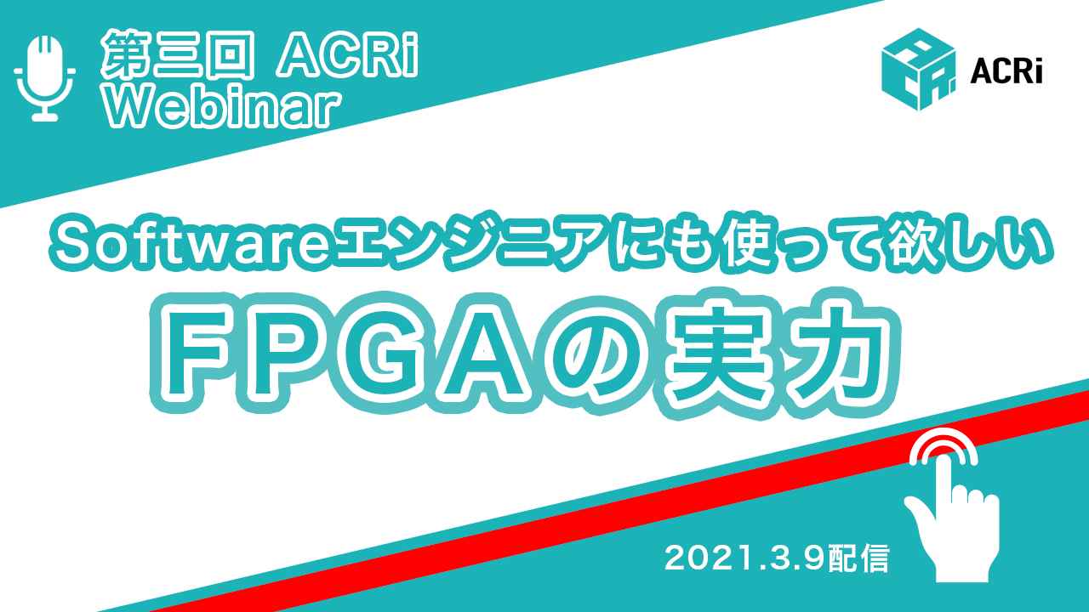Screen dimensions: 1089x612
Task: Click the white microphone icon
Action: [x=45, y=77]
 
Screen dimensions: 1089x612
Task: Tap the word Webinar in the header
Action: [x=223, y=107]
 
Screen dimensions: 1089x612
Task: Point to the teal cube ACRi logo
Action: [x=918, y=70]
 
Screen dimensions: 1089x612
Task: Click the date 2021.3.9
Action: [x=744, y=558]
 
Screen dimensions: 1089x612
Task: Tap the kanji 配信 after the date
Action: [x=858, y=558]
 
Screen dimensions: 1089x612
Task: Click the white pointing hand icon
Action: [x=948, y=515]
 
